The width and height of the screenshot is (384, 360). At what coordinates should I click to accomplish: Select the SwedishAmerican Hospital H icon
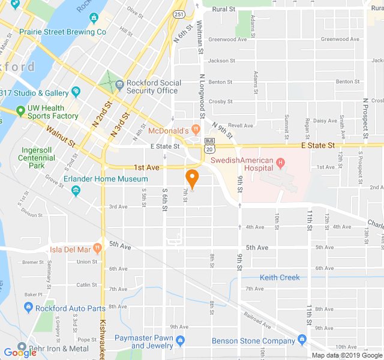(x=280, y=162)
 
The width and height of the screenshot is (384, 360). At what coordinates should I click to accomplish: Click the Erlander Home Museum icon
(x=76, y=191)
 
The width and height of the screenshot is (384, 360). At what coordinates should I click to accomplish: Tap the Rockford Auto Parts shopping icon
(x=28, y=308)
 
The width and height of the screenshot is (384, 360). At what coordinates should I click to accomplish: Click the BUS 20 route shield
(x=209, y=143)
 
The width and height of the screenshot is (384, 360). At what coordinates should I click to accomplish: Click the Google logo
(x=20, y=353)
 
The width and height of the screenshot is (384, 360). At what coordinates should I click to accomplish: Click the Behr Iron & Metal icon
(x=22, y=347)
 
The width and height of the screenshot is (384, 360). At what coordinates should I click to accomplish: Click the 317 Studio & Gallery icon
(x=76, y=92)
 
